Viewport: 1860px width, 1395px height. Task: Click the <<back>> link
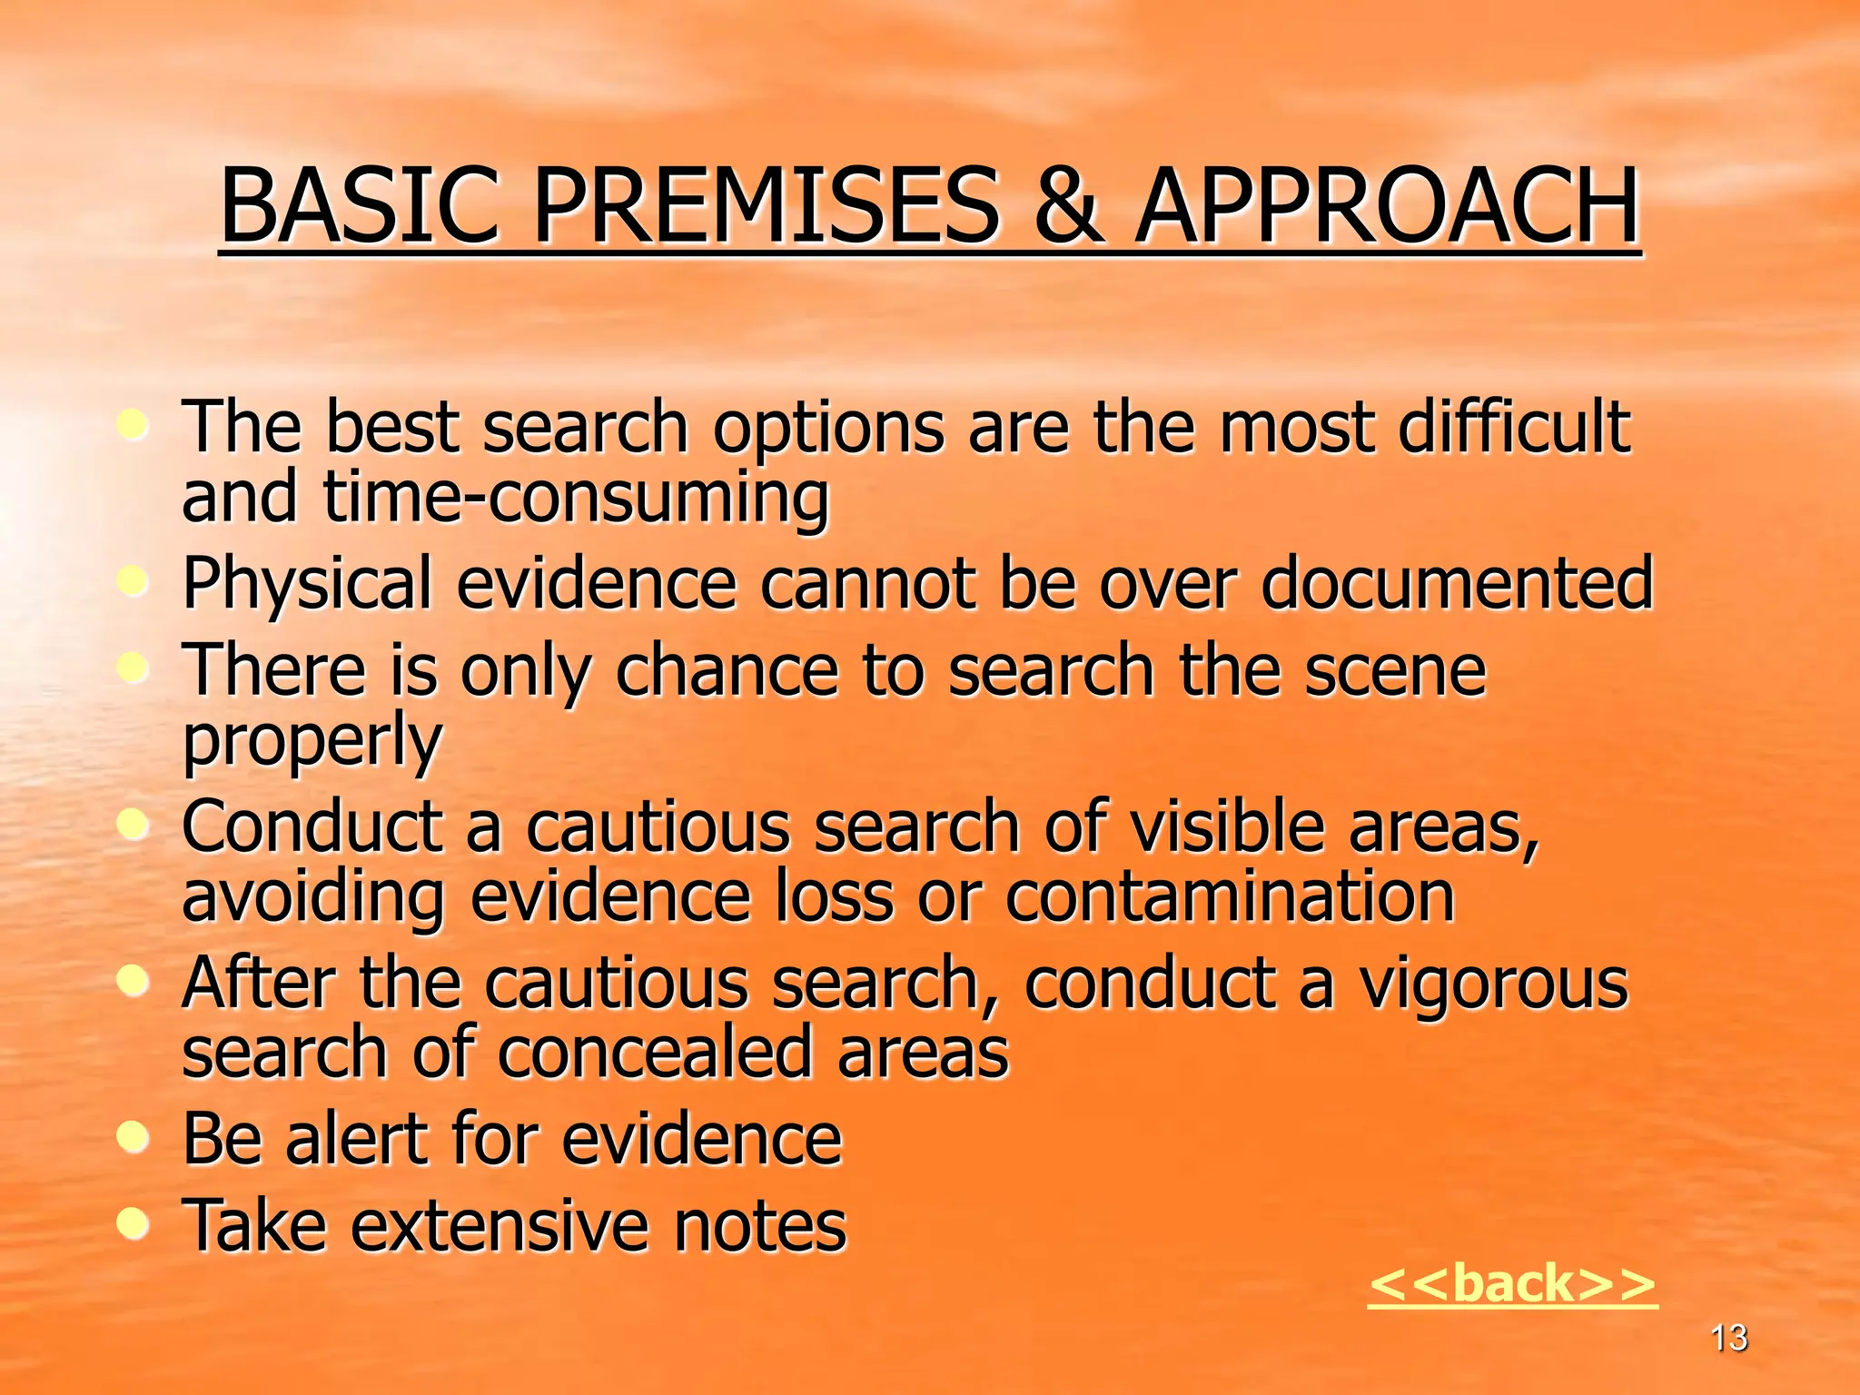1512,1283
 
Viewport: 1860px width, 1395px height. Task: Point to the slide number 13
1728,1338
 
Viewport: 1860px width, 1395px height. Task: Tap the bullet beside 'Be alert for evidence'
134,1137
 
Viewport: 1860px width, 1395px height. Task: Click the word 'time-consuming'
576,498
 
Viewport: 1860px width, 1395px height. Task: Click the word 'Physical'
307,584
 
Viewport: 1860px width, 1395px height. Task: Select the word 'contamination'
1230,896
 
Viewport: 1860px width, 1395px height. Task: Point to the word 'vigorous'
1493,984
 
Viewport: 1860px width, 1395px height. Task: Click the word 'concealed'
654,1053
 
